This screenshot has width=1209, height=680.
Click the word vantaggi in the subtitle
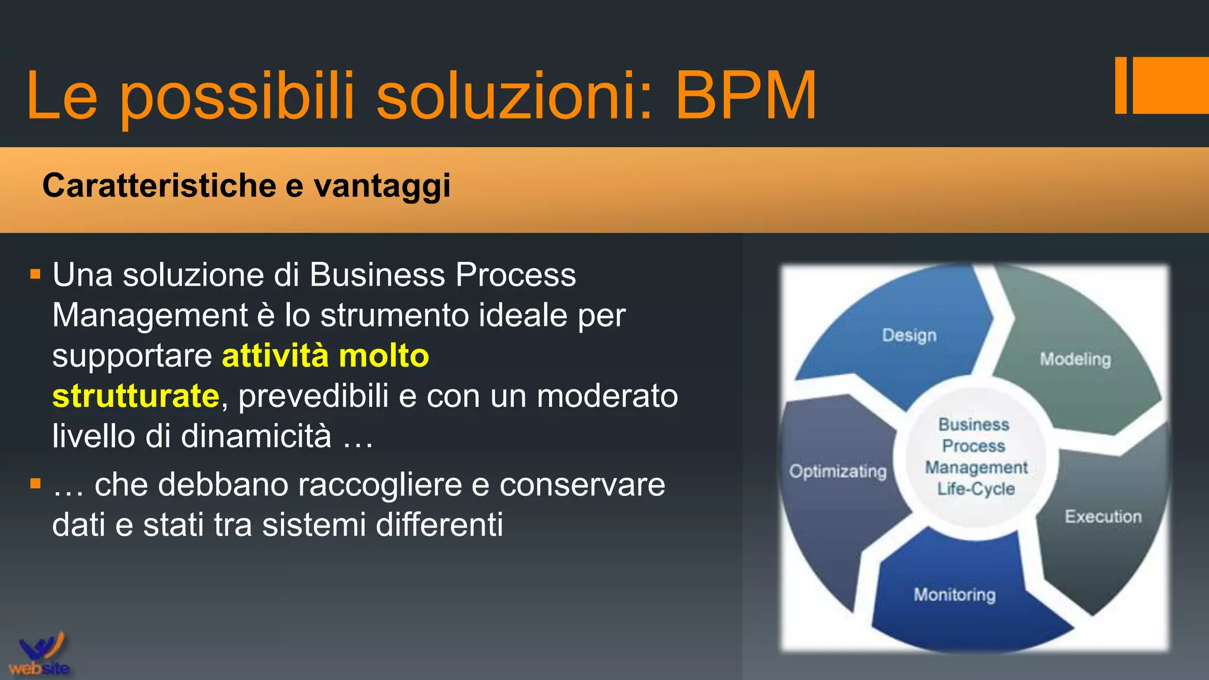coord(382,187)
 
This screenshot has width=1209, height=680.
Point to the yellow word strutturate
coord(136,395)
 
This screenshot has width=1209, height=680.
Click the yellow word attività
coord(275,355)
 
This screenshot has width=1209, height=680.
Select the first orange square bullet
coord(35,274)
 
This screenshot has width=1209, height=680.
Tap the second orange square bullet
coord(35,484)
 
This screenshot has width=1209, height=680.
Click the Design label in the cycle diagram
coord(909,335)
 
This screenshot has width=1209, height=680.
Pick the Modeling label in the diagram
coord(1075,359)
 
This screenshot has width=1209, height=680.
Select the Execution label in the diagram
coord(1103,516)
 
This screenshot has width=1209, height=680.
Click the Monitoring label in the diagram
coord(955,594)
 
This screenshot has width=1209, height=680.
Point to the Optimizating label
coord(838,471)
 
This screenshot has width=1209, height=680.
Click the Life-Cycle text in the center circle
coord(976,489)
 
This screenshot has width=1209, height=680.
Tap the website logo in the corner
coord(40,655)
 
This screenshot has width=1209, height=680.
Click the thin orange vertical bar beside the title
coord(1120,85)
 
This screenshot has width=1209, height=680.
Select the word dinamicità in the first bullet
coord(256,436)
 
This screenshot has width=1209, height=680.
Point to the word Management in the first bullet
coord(150,315)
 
